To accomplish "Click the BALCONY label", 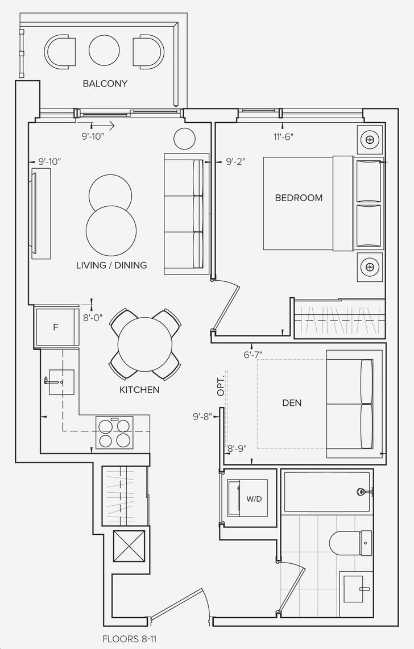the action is [105, 83].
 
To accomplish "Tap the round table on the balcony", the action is [104, 51].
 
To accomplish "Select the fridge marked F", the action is [56, 327].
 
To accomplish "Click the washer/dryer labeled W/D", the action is [247, 498].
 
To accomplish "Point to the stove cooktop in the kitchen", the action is [115, 432].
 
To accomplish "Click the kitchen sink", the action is [61, 382].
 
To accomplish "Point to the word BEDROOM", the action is [299, 197].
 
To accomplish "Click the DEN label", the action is [292, 403].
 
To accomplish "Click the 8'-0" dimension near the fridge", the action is [93, 318].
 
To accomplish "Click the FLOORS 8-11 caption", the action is [129, 639].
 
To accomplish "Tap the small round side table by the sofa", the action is [184, 138].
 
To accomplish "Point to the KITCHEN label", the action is [139, 390].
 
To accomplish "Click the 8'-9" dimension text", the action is [237, 448].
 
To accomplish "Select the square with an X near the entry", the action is [129, 546].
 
